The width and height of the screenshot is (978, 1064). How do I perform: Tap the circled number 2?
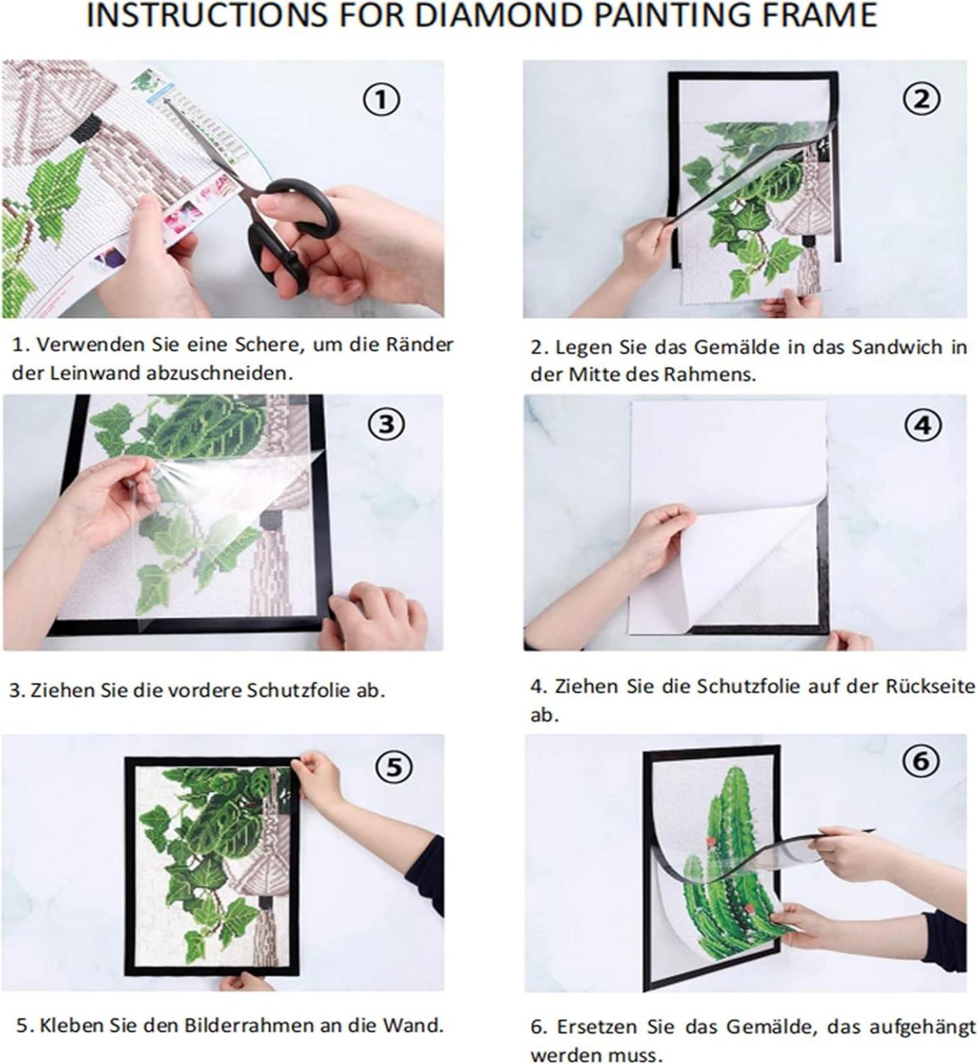click(x=921, y=100)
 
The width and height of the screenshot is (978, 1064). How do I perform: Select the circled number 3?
click(x=387, y=424)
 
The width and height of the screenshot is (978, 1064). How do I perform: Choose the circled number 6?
click(x=921, y=760)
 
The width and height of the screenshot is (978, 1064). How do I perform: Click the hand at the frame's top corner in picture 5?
click(x=319, y=780)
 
